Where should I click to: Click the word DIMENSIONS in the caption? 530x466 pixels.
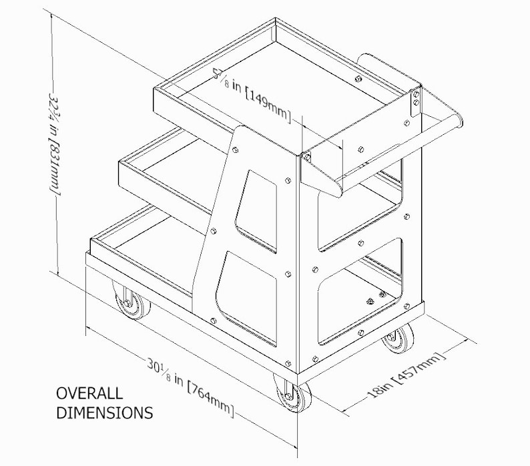[x=103, y=413]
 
